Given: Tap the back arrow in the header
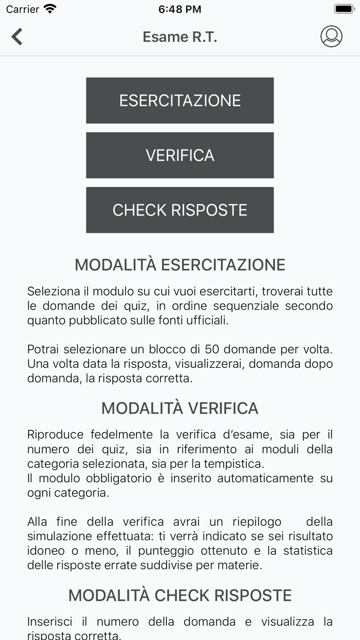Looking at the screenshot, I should click(17, 37).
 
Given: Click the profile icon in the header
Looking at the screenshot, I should click(331, 37).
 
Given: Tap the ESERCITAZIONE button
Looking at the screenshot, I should click(179, 100).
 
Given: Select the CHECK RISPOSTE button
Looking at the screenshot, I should click(179, 210).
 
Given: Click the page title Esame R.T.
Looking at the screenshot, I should click(179, 37).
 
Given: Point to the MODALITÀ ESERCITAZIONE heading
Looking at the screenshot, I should click(179, 264).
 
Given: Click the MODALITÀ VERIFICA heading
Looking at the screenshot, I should click(179, 408).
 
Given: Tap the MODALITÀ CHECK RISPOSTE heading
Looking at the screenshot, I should click(179, 595).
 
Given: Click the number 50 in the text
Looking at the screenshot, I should click(212, 349).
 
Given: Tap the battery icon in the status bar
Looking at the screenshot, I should click(344, 9).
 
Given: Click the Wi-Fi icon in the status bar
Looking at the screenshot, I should click(50, 9).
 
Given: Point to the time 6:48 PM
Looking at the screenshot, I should click(179, 9).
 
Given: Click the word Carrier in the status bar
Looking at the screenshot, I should click(23, 9).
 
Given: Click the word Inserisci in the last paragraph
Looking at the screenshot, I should click(49, 621).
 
